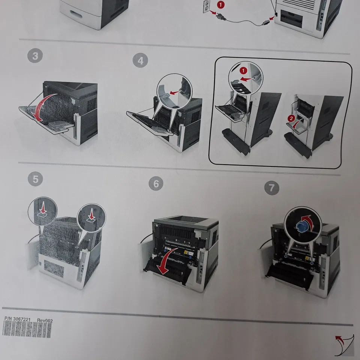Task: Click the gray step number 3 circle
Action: [x=35, y=56]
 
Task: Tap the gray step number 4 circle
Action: [x=141, y=60]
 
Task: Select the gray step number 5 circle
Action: [x=35, y=179]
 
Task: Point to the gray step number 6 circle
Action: [x=156, y=184]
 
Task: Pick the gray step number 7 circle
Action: [x=271, y=187]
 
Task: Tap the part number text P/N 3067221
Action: [x=17, y=319]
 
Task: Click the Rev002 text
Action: [x=45, y=321]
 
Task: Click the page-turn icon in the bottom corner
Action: [x=344, y=344]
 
